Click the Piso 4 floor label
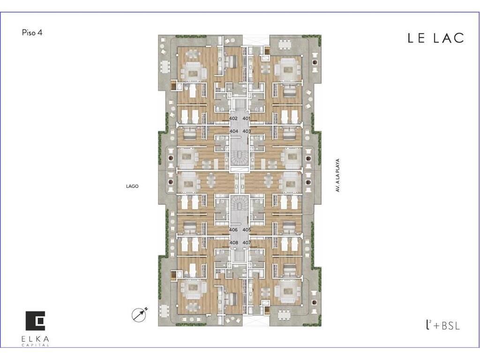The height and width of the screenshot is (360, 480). click(32, 32)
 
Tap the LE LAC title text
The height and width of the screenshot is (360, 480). click(435, 38)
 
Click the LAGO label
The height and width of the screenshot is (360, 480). click(132, 186)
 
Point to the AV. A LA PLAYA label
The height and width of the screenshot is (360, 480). click(337, 175)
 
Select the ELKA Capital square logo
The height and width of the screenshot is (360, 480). click(35, 321)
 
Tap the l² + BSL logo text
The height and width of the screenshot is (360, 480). click(442, 325)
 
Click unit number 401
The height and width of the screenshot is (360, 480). click(246, 118)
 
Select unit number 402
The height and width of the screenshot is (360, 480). click(233, 118)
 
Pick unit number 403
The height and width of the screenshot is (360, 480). click(247, 131)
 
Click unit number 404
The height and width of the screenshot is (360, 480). click(234, 131)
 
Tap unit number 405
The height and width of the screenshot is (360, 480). click(247, 230)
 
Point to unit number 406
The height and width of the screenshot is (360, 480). click(233, 230)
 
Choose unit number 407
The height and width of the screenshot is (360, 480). click(247, 242)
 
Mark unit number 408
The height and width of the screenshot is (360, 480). click(234, 242)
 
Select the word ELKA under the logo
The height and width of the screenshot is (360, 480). click(35, 339)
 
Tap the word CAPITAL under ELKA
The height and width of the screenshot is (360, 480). click(35, 345)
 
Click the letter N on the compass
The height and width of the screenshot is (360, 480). click(146, 308)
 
